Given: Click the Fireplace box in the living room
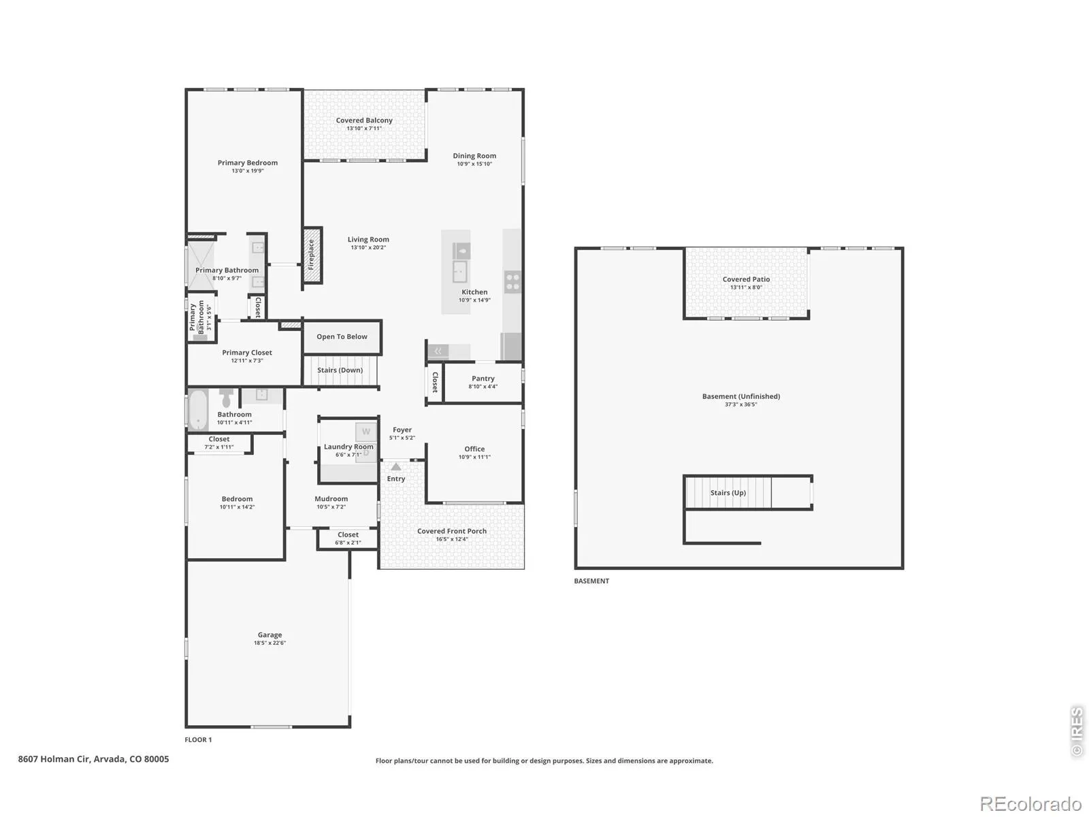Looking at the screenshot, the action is click(x=312, y=255).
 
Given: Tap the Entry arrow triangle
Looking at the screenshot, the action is click(x=396, y=466).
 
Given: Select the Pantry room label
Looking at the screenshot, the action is click(x=483, y=379).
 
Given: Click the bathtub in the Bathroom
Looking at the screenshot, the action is click(x=198, y=410).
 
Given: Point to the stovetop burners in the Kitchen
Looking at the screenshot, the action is click(x=513, y=281).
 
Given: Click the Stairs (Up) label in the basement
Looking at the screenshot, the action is click(x=728, y=492).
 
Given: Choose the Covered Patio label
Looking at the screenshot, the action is click(x=746, y=279).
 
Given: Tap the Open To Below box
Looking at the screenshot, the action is click(x=342, y=337).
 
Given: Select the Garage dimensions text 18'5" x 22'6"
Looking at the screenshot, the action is click(x=270, y=643).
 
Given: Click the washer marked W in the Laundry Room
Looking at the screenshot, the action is click(x=366, y=432).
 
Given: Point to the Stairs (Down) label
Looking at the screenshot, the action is click(x=340, y=370).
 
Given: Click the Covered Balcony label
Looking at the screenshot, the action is click(x=364, y=120).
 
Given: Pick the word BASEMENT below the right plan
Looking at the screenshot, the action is click(x=591, y=581).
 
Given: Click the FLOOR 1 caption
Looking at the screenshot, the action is click(x=198, y=739).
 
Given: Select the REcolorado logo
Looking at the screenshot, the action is click(x=1030, y=803).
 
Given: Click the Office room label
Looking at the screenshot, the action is click(x=474, y=449).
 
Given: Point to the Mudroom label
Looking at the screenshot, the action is click(x=331, y=499).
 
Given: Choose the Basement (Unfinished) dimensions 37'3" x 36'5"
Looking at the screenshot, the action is click(x=741, y=404).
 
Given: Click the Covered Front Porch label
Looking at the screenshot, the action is click(x=451, y=531).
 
